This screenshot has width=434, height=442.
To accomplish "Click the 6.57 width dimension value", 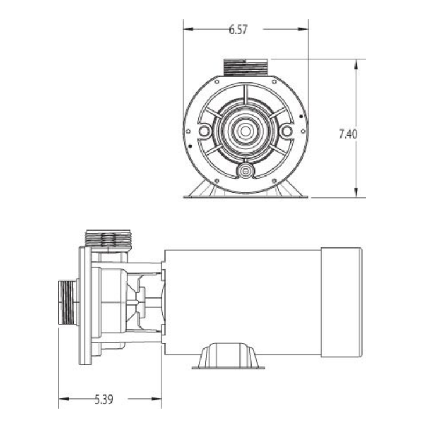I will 238,30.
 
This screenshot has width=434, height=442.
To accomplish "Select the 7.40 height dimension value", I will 347,134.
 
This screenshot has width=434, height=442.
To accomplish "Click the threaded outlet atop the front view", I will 245,67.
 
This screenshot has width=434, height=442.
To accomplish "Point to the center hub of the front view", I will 245,131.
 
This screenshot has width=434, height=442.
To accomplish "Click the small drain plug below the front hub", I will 245,171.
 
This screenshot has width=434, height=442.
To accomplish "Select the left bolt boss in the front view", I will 203,132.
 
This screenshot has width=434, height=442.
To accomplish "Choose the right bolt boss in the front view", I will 286,132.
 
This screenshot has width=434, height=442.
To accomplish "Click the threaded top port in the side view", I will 108,239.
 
